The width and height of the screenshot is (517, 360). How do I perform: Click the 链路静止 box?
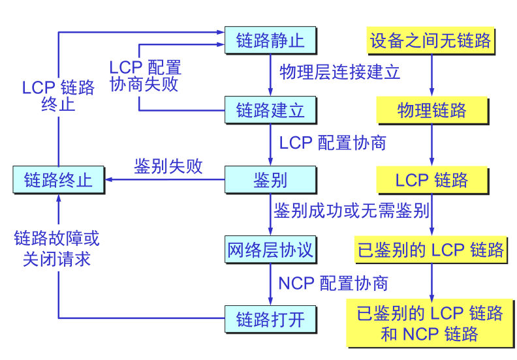coord(270,41)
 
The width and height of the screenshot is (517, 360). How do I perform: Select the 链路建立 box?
coord(270,110)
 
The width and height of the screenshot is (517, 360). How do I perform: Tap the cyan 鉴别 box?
coord(270,179)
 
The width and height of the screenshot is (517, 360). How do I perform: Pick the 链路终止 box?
coord(58,179)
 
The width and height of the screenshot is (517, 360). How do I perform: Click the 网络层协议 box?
coord(270,250)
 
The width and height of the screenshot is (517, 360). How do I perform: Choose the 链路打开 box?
coord(270,319)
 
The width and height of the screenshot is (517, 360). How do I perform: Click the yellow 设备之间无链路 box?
coord(430,41)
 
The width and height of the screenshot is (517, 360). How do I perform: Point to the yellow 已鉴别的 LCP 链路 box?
coord(431,250)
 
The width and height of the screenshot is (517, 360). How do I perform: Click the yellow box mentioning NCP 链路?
coord(430,323)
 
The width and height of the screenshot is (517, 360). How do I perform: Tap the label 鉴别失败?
coord(168,166)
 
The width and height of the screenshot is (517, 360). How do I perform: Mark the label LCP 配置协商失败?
coord(144,76)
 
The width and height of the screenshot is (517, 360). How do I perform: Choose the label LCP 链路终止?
coord(58,96)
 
